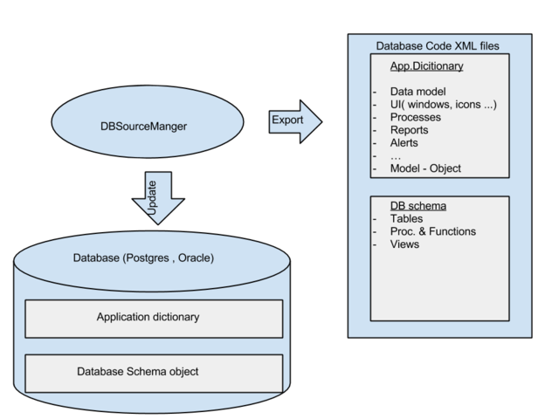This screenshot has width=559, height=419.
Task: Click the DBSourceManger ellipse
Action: [145, 126]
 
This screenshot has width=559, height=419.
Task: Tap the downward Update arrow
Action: [158, 200]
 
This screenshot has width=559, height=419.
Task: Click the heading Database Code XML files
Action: [438, 45]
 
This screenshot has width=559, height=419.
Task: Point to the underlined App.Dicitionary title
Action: [426, 65]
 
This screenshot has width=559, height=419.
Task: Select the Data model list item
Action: [418, 92]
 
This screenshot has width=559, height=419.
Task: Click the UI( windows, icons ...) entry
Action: [444, 105]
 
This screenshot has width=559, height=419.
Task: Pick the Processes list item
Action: [416, 117]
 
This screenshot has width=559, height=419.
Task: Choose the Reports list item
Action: [411, 130]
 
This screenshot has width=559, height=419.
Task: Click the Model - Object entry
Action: [425, 168]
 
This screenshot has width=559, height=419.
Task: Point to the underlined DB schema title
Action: [418, 206]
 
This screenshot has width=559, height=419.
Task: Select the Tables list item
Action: [406, 218]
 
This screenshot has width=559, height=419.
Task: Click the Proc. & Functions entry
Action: [433, 231]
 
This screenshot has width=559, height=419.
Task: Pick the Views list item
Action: [405, 244]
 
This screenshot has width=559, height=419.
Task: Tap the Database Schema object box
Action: [154, 373]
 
